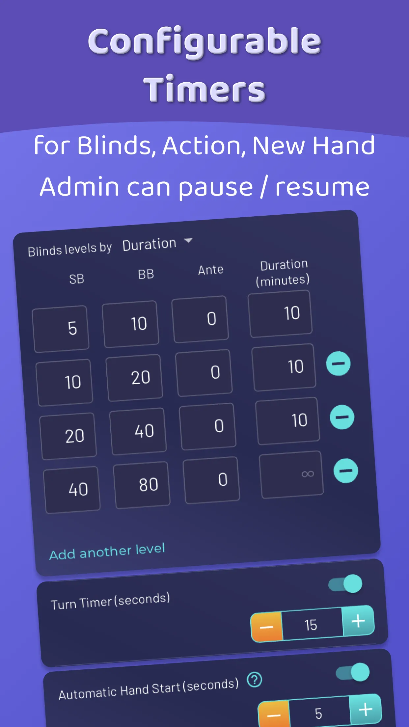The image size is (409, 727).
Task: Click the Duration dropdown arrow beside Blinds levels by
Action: point(188,240)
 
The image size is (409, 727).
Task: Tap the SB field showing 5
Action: point(61,329)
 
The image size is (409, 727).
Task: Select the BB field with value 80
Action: point(142,485)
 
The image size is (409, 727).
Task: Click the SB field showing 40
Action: point(71,490)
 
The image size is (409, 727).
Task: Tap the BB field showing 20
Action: point(134,378)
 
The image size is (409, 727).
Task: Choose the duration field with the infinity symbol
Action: point(291,474)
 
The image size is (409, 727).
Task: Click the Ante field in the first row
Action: point(200,319)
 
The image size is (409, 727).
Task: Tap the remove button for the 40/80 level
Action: point(346,471)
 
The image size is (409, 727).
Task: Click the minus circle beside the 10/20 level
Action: point(338,363)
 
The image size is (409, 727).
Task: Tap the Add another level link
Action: point(107,552)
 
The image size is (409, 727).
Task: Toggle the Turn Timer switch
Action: point(345,584)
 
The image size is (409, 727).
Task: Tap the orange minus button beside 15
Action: point(267,627)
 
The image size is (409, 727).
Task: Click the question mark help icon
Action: point(255,680)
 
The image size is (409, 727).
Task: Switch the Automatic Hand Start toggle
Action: point(353,672)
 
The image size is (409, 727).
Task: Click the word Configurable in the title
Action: point(204,42)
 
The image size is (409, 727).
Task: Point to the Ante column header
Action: point(211,270)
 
